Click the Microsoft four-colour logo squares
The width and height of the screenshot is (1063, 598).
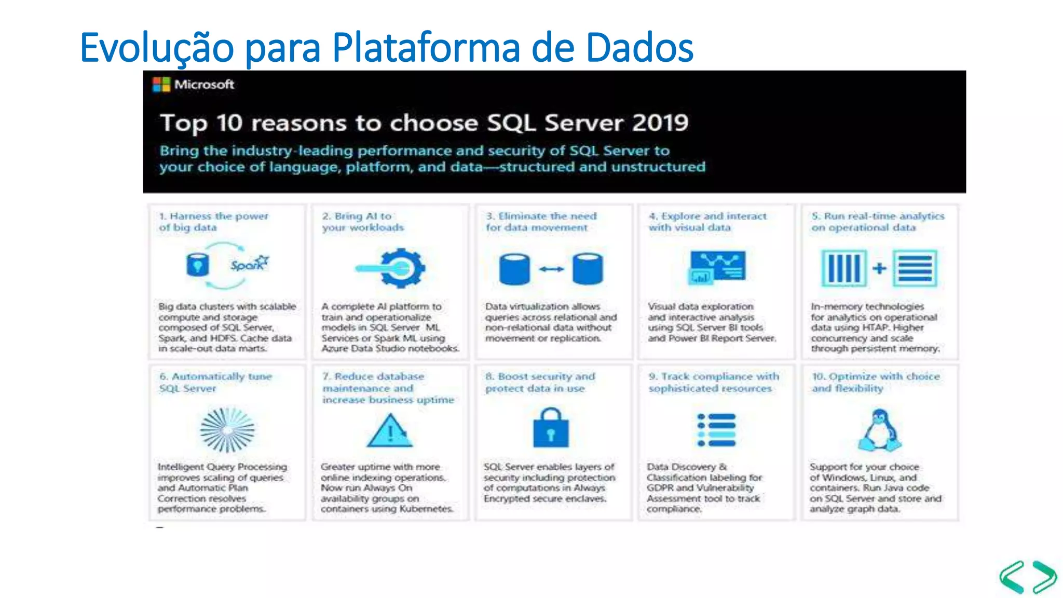[x=161, y=85]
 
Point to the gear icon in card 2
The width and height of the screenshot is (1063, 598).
[x=401, y=268]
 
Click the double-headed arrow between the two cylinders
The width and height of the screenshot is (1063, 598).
[x=551, y=269]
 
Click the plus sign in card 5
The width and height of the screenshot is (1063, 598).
[x=879, y=268]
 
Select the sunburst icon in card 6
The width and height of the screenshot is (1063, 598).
[x=227, y=430]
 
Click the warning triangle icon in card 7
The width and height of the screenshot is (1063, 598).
[x=390, y=431]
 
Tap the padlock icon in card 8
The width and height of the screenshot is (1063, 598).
[x=551, y=429]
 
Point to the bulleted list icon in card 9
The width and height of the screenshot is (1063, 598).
[x=716, y=430]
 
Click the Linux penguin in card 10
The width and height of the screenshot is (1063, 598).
[x=880, y=430]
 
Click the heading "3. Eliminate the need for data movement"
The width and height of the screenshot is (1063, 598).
[x=540, y=222]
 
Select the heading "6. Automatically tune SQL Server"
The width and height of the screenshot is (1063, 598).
[x=215, y=382]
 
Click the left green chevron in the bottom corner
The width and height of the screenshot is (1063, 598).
[x=1013, y=577]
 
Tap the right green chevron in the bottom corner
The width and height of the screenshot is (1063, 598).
[x=1044, y=577]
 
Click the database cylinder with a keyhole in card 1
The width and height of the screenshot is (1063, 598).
[x=197, y=265]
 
